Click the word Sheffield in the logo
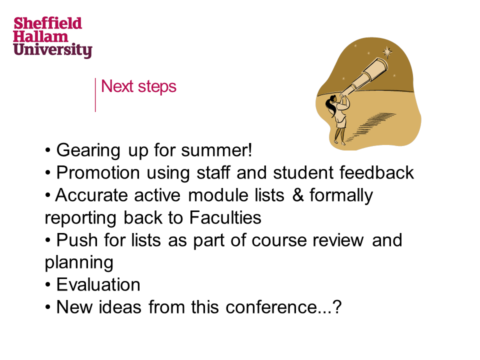tap(48, 23)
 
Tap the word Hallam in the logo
tap(40, 36)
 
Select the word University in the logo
tap(52, 50)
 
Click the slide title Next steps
tap(138, 86)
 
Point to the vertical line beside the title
tap(95, 95)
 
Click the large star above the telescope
tap(387, 52)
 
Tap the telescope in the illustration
tap(364, 76)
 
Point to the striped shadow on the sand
tap(371, 125)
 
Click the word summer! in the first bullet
tap(216, 150)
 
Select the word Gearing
tap(88, 151)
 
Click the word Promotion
tap(98, 172)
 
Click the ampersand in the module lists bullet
tap(298, 195)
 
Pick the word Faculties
tap(225, 217)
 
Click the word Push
tap(77, 240)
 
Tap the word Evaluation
tap(98, 284)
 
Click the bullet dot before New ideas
tap(47, 307)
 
